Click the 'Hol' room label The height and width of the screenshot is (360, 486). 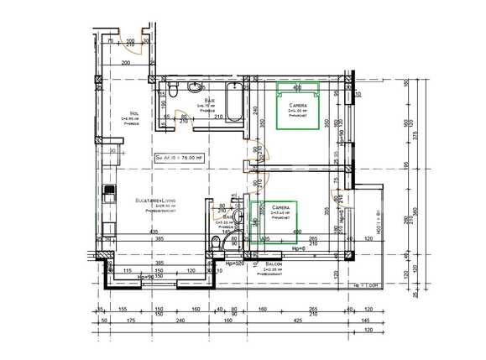pyautogui.click(x=133, y=114)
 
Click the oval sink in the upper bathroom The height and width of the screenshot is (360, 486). pyautogui.click(x=195, y=86)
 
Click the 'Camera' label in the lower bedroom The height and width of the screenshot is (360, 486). pyautogui.click(x=280, y=206)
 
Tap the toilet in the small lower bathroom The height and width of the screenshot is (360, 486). pyautogui.click(x=217, y=243)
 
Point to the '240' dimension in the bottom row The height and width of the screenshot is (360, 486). pyautogui.click(x=179, y=320)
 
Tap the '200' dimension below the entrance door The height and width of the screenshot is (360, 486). pyautogui.click(x=125, y=62)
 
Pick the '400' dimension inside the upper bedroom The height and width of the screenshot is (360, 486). pyautogui.click(x=296, y=86)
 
